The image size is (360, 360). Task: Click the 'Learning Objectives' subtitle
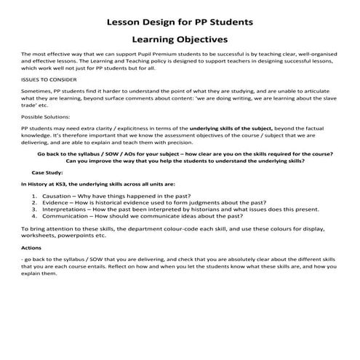(180, 39)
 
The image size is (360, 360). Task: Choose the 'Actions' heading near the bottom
(31, 247)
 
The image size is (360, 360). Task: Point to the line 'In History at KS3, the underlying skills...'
(98, 185)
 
